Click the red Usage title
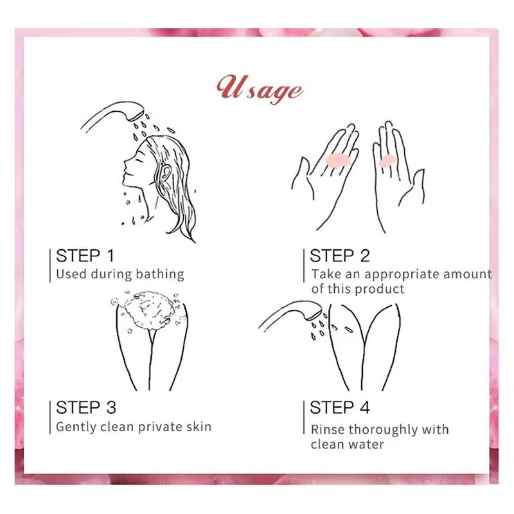pos(260,90)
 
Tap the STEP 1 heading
pos(85,256)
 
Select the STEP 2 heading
pos(340,256)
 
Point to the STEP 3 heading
pos(86,407)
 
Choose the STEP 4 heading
pos(340,407)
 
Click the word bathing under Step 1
pos(160,274)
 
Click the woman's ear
pos(166,170)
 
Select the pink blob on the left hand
pos(339,160)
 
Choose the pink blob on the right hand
pos(387,161)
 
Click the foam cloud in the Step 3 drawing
pos(148,310)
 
